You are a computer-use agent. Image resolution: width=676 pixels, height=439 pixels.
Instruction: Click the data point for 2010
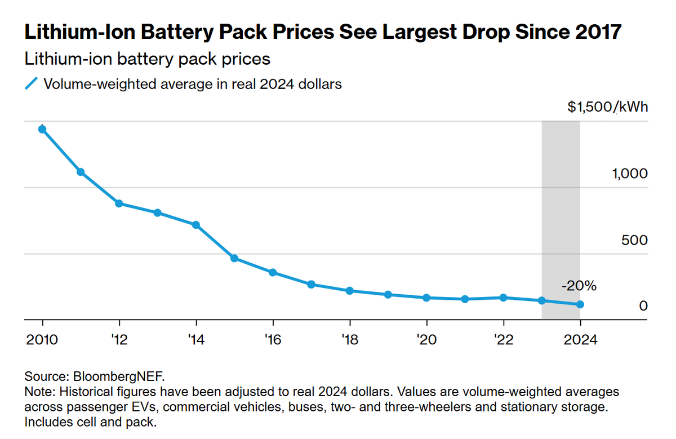[x=42, y=129]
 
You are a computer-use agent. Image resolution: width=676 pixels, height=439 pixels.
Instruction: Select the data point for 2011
[x=81, y=172]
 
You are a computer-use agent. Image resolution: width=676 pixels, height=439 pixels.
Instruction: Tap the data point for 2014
[x=196, y=225]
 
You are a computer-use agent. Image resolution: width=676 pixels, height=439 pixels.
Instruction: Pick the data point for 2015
[x=234, y=259]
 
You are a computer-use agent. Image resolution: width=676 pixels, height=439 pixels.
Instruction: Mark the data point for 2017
[x=311, y=285]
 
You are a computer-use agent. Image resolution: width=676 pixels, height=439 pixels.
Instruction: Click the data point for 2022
[x=503, y=298]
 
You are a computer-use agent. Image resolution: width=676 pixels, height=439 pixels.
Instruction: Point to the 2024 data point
[x=580, y=305]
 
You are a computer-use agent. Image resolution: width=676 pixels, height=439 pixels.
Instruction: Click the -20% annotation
[x=579, y=286]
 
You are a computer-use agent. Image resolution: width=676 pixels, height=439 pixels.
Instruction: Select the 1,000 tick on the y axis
[x=630, y=174]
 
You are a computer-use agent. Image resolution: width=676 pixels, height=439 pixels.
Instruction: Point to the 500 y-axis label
[x=634, y=240]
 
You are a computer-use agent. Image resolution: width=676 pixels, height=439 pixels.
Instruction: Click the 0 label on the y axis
[x=643, y=306]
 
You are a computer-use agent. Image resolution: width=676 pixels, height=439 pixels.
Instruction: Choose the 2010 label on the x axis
[x=43, y=340]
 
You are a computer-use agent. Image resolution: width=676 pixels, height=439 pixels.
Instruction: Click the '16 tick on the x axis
[x=273, y=340]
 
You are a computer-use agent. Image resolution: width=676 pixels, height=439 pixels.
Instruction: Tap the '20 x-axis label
[x=426, y=340]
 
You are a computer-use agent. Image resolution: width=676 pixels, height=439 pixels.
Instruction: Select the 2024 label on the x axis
[x=580, y=340]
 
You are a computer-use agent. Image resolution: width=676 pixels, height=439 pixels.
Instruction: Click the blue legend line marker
[x=32, y=84]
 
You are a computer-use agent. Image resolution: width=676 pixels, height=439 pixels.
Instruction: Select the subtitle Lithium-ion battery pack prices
[x=148, y=59]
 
